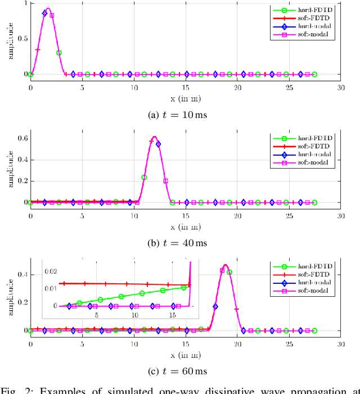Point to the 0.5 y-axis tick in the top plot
pos(22,39)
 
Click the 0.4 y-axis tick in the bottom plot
pos(22,274)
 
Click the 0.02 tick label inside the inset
pos(51,271)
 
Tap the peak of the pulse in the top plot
pos(48,9)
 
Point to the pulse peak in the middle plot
pos(154,137)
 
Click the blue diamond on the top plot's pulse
pos(44,13)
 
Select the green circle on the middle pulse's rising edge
pos(144,177)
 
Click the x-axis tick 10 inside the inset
pos(134,315)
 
